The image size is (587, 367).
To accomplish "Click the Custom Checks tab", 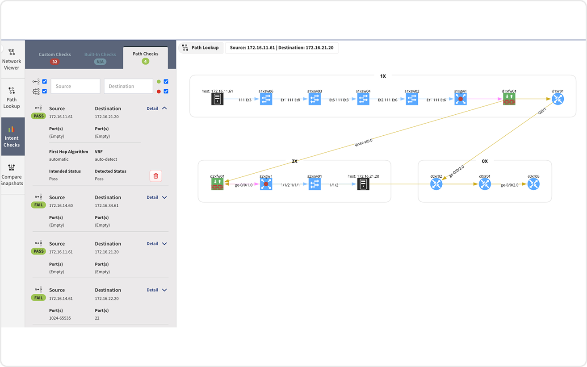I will (55, 57).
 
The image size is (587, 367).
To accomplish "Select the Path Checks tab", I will (145, 57).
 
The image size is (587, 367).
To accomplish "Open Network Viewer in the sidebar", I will (12, 59).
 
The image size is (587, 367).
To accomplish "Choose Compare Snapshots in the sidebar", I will (12, 174).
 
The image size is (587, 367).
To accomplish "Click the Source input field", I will (75, 86).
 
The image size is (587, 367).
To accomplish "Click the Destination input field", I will (128, 86).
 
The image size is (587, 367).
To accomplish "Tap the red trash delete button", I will (155, 176).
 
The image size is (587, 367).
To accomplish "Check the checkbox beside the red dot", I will (166, 92).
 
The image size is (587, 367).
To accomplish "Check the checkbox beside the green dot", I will (166, 82).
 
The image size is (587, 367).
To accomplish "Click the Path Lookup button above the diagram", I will (201, 48).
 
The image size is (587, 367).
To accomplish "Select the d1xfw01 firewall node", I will (509, 99).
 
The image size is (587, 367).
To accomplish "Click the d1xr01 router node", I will (558, 99).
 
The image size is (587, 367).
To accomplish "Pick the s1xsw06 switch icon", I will (266, 99).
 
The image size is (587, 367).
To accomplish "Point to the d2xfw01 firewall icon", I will (217, 184).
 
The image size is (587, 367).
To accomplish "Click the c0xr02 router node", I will (436, 184).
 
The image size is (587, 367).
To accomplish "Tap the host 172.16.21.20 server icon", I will (363, 184).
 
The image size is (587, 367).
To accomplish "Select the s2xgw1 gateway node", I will (266, 184).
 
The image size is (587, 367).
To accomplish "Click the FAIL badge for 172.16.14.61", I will (38, 298).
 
